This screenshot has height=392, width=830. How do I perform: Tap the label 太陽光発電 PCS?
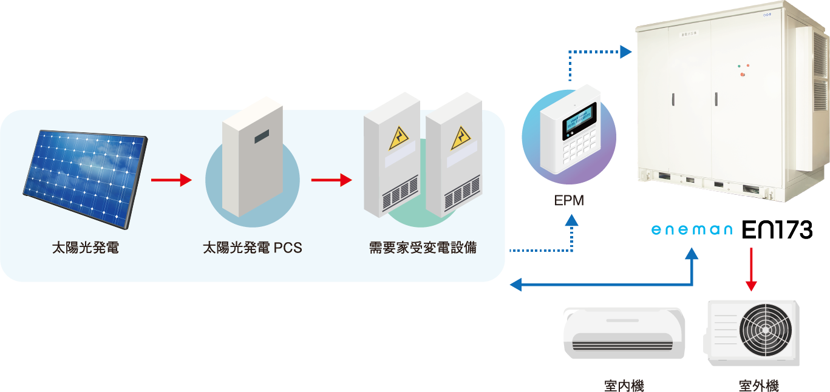[252, 248]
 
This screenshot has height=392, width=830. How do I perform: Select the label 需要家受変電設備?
[423, 248]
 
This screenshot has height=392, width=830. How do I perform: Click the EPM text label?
[569, 201]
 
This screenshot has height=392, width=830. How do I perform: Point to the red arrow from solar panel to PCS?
[171, 180]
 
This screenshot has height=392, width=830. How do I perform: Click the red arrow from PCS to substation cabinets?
[331, 180]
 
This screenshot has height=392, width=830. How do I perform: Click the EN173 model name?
[778, 230]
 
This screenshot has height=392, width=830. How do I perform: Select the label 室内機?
[624, 385]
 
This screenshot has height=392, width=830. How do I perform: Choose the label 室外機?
[758, 385]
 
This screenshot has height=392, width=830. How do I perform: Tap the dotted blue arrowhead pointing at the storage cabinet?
[626, 52]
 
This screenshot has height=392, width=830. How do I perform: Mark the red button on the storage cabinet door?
[742, 75]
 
